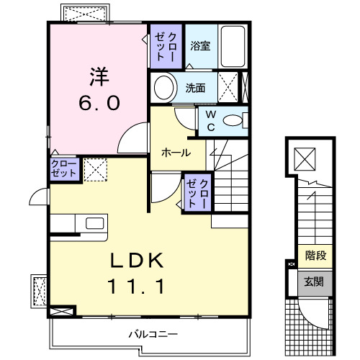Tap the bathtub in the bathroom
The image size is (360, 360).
(232, 46)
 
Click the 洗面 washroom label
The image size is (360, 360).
(195, 89)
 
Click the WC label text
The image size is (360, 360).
(210, 119)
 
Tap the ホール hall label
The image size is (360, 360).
(176, 153)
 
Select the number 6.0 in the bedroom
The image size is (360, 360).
(99, 102)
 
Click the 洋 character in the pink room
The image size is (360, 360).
(98, 74)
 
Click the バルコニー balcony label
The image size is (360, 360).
(153, 334)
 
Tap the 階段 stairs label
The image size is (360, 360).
(315, 254)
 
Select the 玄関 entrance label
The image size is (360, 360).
(315, 282)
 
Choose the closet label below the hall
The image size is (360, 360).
(198, 192)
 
